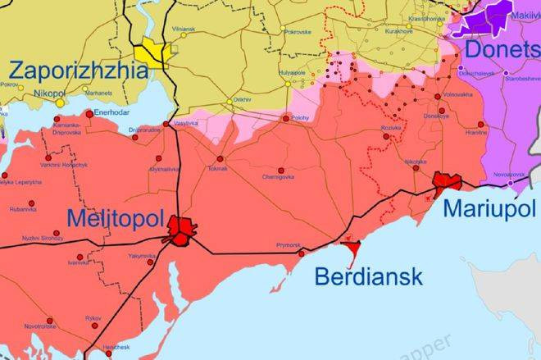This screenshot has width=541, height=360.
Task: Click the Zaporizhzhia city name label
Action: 79,70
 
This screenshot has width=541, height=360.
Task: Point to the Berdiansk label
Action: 369,276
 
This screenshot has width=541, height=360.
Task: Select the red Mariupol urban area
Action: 447,182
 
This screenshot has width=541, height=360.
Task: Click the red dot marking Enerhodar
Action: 89,115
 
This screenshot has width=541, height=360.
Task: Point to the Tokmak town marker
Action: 220,159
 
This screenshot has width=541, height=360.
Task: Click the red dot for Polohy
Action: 285,118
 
